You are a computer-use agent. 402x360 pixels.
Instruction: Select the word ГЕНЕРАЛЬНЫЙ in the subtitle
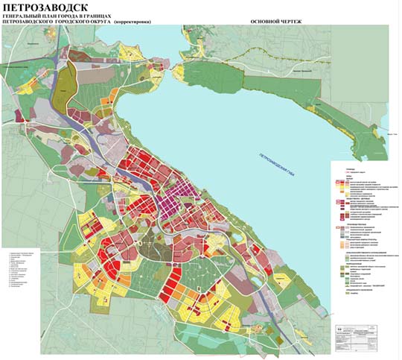coord(26,16)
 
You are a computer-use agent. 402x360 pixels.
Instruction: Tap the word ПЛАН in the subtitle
coord(61,16)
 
